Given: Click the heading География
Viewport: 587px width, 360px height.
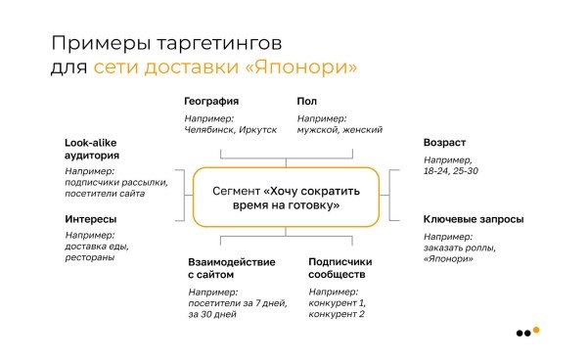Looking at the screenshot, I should [x=212, y=102].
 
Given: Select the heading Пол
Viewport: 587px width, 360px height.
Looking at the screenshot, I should [x=308, y=102].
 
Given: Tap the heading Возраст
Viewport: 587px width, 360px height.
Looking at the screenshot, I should [x=444, y=142].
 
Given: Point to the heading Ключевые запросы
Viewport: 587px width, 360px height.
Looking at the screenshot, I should [x=473, y=219].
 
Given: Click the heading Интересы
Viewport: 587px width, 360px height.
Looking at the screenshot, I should [x=92, y=219].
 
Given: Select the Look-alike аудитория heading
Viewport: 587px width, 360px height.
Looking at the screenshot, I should [x=92, y=148].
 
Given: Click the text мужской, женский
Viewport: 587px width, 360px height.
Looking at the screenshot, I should [x=339, y=129].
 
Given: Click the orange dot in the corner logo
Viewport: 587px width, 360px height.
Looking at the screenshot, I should [x=535, y=330].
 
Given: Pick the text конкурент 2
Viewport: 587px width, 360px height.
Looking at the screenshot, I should [x=337, y=314].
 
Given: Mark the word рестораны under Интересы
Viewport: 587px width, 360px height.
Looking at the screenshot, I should [x=90, y=259].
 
